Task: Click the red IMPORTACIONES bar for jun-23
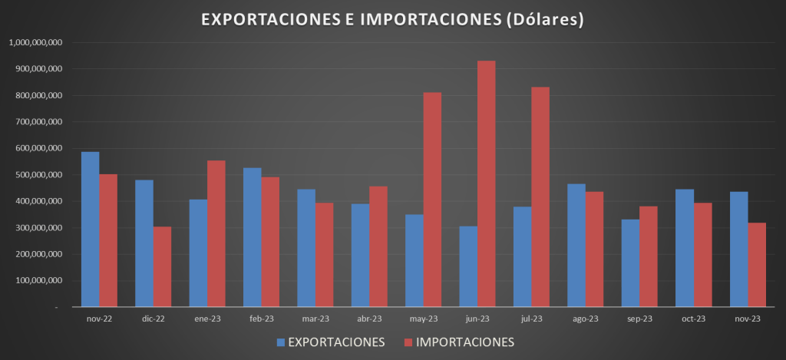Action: coord(487,184)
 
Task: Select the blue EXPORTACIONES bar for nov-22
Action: coord(90,230)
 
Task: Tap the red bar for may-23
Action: coord(432,200)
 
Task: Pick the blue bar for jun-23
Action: coord(468,266)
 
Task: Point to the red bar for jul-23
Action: coord(540,197)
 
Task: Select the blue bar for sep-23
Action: coord(630,263)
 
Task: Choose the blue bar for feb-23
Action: coord(252,237)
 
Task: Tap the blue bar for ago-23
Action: coord(576,246)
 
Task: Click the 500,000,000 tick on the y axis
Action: coord(38,175)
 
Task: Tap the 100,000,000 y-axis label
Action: coord(38,281)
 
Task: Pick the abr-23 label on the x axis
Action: coord(369,319)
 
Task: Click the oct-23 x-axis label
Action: coord(693,319)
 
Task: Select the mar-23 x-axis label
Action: coord(315,319)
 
